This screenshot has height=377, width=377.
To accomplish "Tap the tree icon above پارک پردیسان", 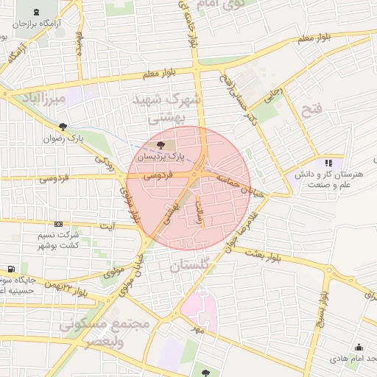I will [161, 144].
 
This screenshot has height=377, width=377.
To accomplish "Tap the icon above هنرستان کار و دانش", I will [328, 162].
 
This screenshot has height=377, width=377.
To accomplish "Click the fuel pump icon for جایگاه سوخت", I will [10, 269].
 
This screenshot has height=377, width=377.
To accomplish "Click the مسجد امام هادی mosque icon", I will [359, 348].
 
